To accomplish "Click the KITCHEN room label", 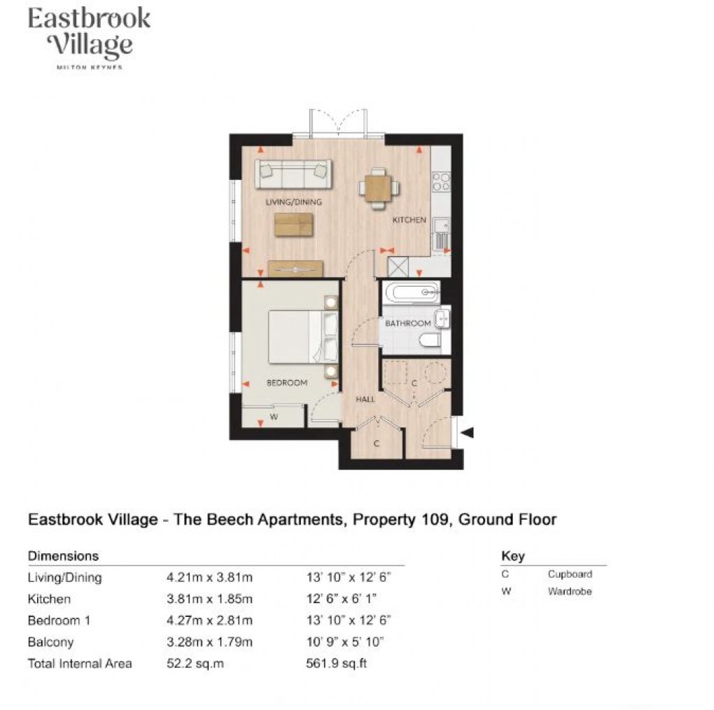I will tap(409, 220).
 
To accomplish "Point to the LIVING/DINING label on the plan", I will tap(293, 202).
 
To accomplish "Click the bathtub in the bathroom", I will tap(411, 292).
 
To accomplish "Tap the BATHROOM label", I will tap(407, 323).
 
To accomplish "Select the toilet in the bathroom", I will tap(428, 340).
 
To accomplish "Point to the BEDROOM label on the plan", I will tap(287, 383).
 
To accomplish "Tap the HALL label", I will tap(365, 399).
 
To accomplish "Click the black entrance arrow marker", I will tap(467, 433).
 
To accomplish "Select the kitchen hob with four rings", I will tap(441, 182).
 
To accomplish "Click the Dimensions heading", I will tap(63, 556).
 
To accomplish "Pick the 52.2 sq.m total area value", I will tap(195, 663).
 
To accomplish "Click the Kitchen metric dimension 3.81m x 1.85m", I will tap(209, 599).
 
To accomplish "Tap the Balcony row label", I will tap(50, 641).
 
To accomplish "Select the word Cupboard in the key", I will tap(570, 574).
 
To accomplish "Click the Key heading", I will tap(512, 557).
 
